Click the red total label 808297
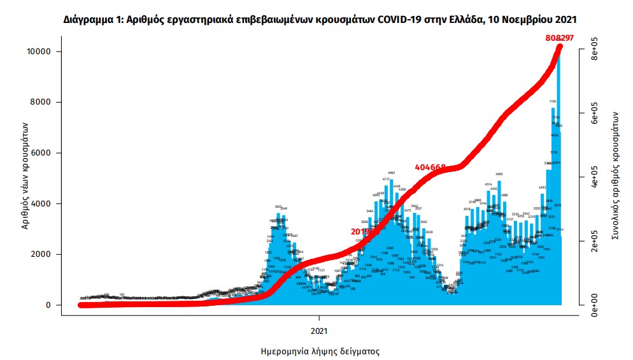tap(560, 38)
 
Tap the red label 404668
tap(430, 167)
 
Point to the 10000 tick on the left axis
tap(42, 51)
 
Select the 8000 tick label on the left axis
tap(45, 102)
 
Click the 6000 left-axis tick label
tap(45, 153)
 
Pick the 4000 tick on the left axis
tap(45, 203)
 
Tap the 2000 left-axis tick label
tap(45, 254)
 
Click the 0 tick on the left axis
tap(50, 305)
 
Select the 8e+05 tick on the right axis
tap(594, 50)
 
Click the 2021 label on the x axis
tap(319, 330)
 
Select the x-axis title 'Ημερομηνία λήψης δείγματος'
tap(320, 351)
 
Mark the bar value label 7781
tap(553, 102)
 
